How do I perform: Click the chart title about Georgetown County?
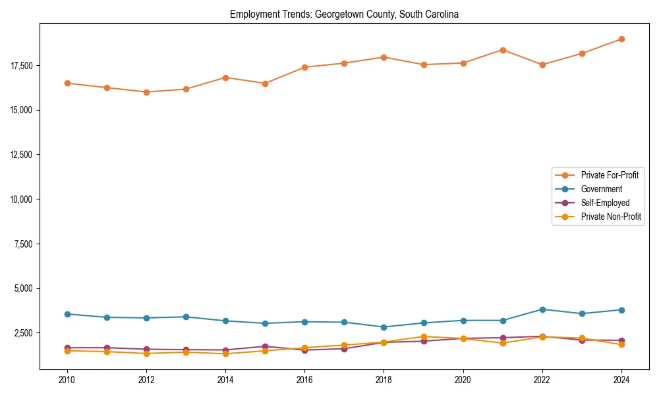(344, 14)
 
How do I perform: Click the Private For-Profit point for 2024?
(621, 39)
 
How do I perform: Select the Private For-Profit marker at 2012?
(146, 92)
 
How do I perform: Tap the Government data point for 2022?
(542, 309)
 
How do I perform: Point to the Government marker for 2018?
(384, 327)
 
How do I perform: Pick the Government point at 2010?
(67, 314)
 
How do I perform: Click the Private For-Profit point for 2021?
(503, 50)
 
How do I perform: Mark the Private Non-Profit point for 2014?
(225, 354)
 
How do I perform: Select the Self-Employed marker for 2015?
(265, 346)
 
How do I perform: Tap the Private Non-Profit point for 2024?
(621, 344)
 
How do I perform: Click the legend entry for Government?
(601, 189)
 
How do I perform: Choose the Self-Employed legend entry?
(605, 203)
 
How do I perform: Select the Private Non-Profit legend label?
(611, 217)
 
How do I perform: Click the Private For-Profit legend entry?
(610, 175)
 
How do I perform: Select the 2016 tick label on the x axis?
(304, 380)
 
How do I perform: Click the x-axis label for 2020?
(463, 380)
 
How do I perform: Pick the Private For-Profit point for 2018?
(384, 57)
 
